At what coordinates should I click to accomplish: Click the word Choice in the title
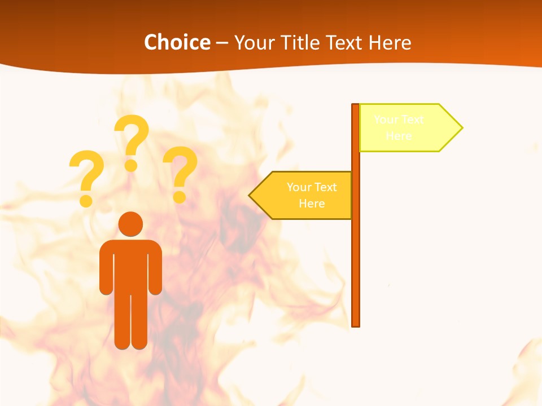(177, 42)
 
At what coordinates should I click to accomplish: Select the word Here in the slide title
(390, 42)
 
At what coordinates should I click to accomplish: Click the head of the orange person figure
(131, 224)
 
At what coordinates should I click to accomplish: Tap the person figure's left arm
(106, 271)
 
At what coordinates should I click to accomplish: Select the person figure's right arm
(156, 271)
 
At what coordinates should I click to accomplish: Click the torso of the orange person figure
(131, 265)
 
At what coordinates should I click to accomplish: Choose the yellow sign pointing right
(404, 128)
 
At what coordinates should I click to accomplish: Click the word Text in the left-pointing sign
(325, 187)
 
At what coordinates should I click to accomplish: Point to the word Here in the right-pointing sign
(399, 136)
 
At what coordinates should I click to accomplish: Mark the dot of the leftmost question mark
(86, 201)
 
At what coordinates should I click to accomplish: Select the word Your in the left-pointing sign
(299, 187)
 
